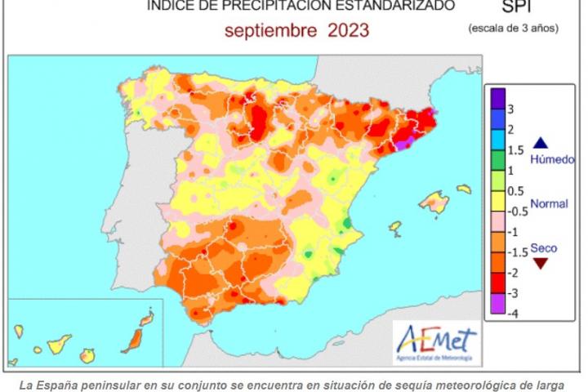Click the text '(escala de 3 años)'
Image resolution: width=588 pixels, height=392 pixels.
click(513, 29)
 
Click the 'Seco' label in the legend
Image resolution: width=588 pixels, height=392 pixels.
click(544, 247)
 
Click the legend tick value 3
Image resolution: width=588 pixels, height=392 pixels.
click(511, 109)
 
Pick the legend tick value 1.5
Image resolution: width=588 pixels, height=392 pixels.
click(516, 150)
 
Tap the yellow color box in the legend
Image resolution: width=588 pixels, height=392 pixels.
click(497, 201)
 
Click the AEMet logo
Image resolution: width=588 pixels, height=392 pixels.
click(437, 339)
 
